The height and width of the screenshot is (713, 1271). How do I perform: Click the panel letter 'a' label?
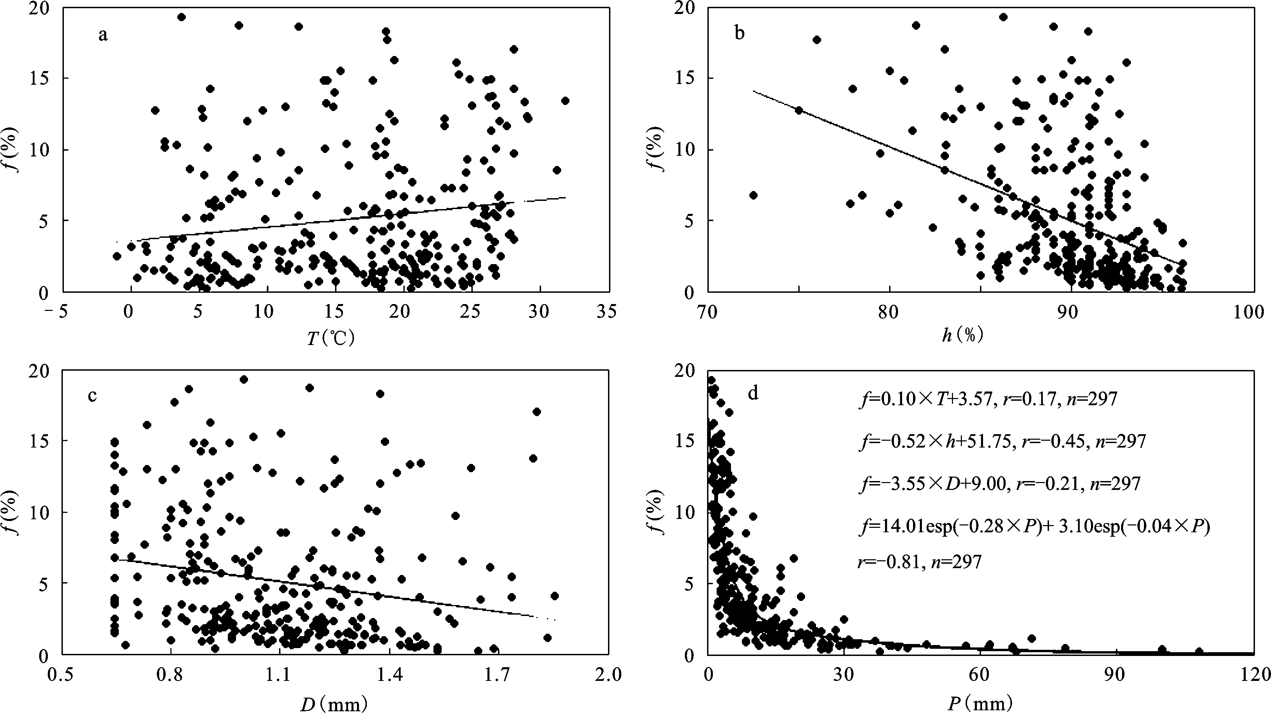click(102, 36)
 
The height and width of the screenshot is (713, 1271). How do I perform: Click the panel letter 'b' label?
click(739, 33)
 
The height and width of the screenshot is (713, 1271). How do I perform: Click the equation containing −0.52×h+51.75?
click(1001, 441)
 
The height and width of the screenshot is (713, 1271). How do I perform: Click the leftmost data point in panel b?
click(753, 195)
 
